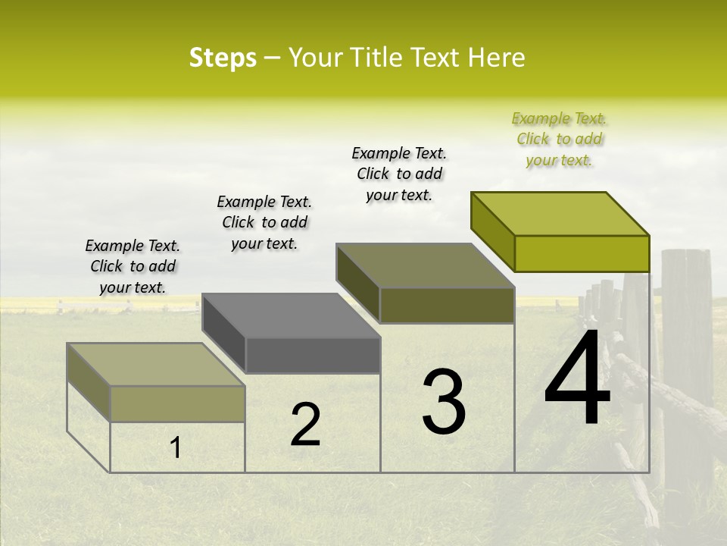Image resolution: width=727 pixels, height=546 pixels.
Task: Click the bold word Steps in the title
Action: point(223,58)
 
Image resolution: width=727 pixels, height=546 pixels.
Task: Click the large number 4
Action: point(577,379)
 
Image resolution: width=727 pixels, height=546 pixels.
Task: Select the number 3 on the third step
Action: point(444,402)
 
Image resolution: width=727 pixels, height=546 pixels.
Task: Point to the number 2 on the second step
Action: point(306,425)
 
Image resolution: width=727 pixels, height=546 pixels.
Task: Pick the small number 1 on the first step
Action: point(176,448)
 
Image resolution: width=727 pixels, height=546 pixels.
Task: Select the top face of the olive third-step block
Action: point(425,265)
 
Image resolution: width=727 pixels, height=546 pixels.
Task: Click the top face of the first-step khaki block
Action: point(155,365)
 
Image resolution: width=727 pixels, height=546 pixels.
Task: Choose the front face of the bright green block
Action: point(582,253)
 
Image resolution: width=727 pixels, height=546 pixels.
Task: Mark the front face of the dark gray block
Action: point(313,355)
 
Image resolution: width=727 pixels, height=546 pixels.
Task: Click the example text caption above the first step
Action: point(133,267)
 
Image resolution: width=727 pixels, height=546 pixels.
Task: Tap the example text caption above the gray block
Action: point(264,223)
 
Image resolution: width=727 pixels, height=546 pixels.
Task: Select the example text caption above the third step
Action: point(399,174)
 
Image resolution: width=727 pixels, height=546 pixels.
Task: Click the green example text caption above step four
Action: point(560,139)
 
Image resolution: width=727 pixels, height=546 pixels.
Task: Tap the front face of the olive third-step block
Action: point(447,305)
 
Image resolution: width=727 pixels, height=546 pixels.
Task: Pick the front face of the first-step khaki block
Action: point(177,403)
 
